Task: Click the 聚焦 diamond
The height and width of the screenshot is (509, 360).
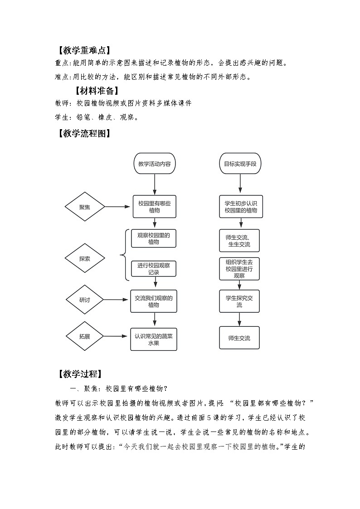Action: [85, 207]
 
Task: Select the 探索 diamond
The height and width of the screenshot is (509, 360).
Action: [85, 259]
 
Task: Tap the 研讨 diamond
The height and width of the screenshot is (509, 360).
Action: [85, 300]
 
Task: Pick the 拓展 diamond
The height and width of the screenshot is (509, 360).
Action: [85, 337]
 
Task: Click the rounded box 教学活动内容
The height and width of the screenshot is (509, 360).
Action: [155, 164]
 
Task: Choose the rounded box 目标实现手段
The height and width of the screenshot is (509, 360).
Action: [240, 164]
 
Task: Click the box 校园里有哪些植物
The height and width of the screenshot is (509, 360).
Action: [155, 207]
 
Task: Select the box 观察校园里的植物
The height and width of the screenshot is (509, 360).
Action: [154, 238]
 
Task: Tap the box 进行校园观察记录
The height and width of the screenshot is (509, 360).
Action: [154, 269]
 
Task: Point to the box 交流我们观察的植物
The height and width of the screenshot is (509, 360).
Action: [154, 301]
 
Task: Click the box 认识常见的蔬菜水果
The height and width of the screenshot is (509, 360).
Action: [154, 339]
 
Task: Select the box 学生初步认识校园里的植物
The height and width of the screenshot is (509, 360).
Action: [240, 207]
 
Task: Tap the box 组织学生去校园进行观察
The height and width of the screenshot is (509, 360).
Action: [239, 269]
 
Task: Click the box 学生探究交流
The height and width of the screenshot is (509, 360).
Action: [239, 301]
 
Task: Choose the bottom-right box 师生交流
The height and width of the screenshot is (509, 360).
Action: [239, 338]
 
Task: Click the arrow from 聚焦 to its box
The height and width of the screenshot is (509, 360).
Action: [117, 207]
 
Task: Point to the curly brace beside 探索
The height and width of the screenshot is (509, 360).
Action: [124, 255]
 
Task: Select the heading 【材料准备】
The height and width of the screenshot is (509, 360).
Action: [97, 90]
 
